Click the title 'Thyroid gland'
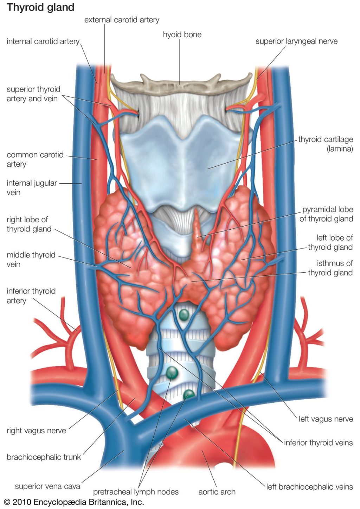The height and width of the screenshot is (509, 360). point(40,7)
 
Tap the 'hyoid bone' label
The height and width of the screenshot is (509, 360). point(182,34)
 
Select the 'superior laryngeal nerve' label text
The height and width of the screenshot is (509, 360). point(296,41)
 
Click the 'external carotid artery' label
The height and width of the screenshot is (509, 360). point(122,20)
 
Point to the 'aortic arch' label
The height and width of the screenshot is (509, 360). point(217,492)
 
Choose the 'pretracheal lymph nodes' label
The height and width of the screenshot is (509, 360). point(136,492)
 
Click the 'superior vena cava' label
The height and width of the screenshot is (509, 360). point(47,486)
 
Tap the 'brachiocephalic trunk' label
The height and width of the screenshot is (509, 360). point(44,457)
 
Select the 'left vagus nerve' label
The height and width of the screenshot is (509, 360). point(326,419)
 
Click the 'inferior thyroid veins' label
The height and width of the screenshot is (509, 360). point(318,443)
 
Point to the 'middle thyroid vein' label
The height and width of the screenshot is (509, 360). point(31,259)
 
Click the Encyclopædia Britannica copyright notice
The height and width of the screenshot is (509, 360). point(74,502)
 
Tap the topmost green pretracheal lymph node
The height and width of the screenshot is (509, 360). point(184,314)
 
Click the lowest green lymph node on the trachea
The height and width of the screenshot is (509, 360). point(189,394)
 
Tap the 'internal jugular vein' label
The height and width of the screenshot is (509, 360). point(32,187)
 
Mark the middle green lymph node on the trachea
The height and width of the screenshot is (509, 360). point(172,372)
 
